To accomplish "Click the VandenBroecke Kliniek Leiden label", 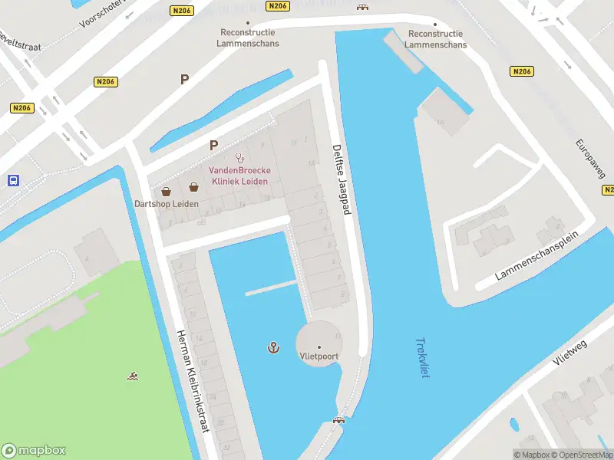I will click(239, 176).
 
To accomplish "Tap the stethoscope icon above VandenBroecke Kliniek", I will click(239, 157).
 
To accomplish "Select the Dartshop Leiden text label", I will click(167, 204).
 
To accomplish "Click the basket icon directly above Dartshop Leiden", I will click(166, 191).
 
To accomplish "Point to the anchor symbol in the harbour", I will click(272, 348).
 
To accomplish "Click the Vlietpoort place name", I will click(319, 356).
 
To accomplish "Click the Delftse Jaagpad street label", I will click(342, 179).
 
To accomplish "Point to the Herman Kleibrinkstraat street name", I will click(193, 381).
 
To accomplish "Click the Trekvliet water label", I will click(421, 358).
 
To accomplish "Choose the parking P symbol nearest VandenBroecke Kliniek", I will click(214, 144).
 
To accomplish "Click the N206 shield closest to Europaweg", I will click(521, 71).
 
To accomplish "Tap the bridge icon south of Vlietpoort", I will click(338, 420).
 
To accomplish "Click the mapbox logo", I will click(34, 451).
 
